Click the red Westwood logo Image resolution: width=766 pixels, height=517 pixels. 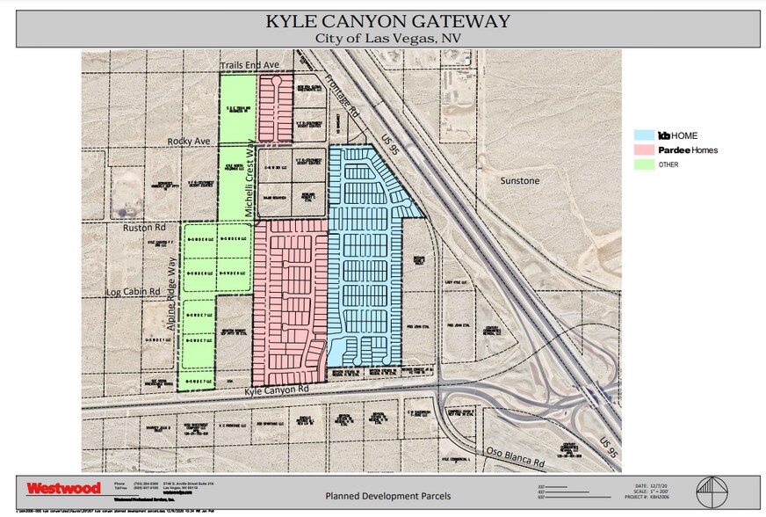pyautogui.click(x=63, y=488)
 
